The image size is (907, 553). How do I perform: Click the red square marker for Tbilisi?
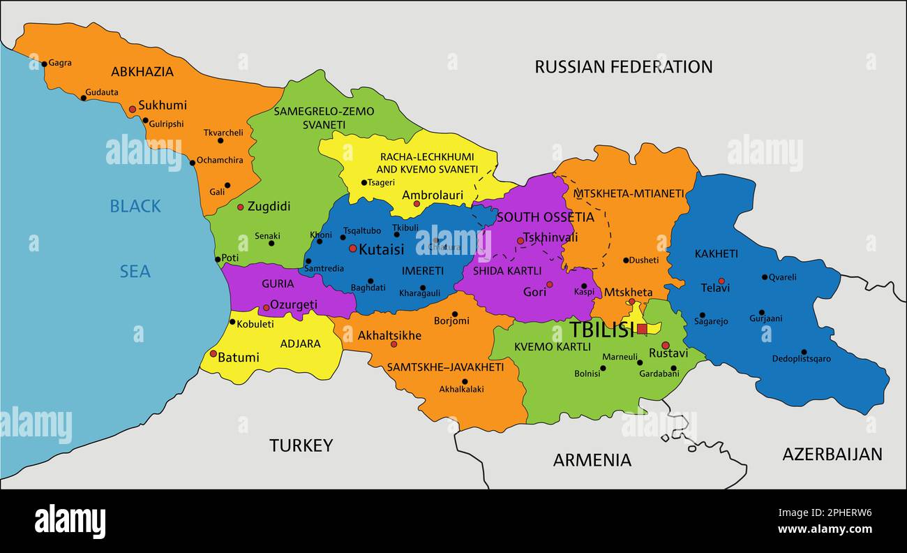pos(642,329)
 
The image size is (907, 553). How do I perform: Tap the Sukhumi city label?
pos(163,105)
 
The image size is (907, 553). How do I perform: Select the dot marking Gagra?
pos(44,64)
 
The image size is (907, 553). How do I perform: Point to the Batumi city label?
pos(238,357)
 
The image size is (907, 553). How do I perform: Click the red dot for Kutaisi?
pos(353,249)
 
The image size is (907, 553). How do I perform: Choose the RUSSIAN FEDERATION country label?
pos(623,67)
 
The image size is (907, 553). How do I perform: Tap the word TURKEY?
pos(301,445)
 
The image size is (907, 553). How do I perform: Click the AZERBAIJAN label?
pos(832,454)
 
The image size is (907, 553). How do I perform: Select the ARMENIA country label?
pos(592,460)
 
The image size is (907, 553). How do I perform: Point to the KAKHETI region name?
pos(716,253)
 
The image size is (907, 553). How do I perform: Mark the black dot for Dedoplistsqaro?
pos(804,352)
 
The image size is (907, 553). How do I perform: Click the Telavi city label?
pos(715,288)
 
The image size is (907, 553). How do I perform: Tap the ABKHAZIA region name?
pos(142,72)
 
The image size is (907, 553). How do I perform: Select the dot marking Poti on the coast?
pos(218,259)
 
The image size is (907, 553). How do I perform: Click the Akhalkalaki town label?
pos(461,390)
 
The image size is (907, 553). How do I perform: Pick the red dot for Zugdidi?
pos(241,207)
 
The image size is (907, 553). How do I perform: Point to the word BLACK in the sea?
pos(135,206)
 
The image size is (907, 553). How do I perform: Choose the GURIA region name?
pos(278,284)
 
